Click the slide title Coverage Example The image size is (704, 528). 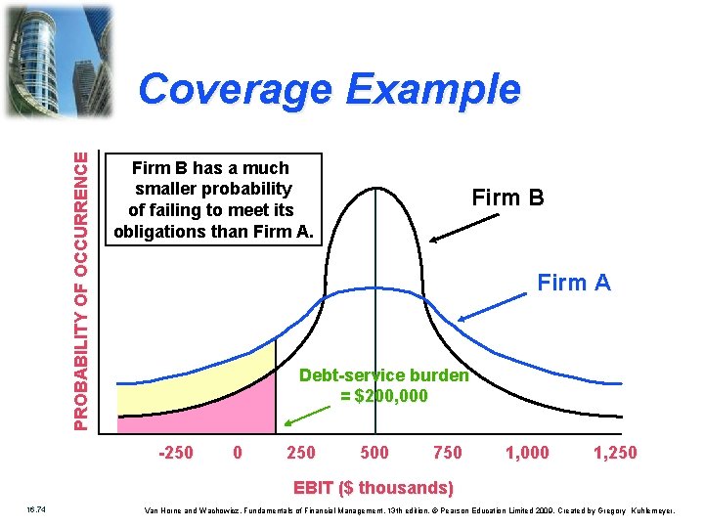pyautogui.click(x=330, y=89)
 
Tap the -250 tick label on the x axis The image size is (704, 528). pyautogui.click(x=175, y=452)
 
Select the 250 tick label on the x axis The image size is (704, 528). pyautogui.click(x=300, y=452)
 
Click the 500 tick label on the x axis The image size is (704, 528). pyautogui.click(x=374, y=452)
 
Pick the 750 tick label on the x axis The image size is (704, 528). pyautogui.click(x=448, y=452)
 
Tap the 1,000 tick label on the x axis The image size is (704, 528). pyautogui.click(x=527, y=452)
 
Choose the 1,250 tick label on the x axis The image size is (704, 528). pyautogui.click(x=615, y=452)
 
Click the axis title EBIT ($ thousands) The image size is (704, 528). pyautogui.click(x=374, y=487)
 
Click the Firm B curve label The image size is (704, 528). pyautogui.click(x=506, y=198)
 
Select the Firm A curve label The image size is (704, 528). pyautogui.click(x=574, y=284)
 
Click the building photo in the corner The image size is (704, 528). pyautogui.click(x=59, y=59)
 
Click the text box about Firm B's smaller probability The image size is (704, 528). pyautogui.click(x=212, y=199)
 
